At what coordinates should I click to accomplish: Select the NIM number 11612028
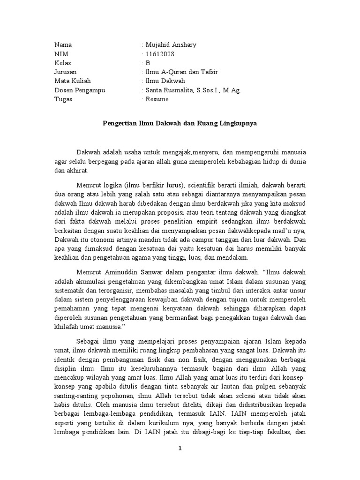coord(160,54)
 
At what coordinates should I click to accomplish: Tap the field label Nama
coord(63,45)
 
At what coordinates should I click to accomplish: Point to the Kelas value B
coord(148,63)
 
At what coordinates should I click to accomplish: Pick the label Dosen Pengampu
coord(80,90)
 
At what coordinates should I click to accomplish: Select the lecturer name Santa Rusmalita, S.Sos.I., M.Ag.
coord(193,90)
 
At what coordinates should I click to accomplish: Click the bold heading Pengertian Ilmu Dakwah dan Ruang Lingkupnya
coord(180,124)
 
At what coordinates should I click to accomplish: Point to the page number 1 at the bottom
coord(180,449)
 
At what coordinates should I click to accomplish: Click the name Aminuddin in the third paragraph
coord(125,271)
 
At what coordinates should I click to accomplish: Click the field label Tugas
coord(63,99)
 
